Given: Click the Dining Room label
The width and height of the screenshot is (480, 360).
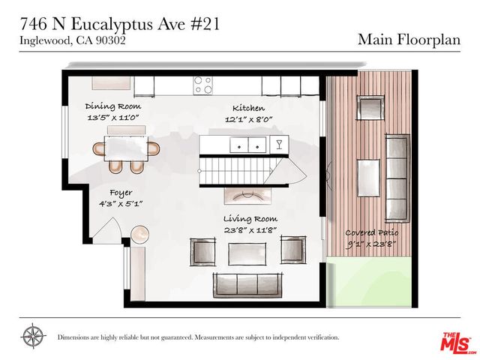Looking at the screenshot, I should (113, 106).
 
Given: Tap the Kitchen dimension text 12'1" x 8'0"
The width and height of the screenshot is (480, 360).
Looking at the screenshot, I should (248, 119).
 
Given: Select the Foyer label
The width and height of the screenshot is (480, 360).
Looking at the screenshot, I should (121, 193).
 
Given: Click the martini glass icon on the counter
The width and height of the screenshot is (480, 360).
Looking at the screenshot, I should (280, 143).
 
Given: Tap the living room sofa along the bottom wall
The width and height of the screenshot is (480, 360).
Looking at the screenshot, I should (247, 283).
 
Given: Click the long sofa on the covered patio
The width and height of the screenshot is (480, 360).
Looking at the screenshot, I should (397, 176).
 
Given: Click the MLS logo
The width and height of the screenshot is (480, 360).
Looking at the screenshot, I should (454, 343).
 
